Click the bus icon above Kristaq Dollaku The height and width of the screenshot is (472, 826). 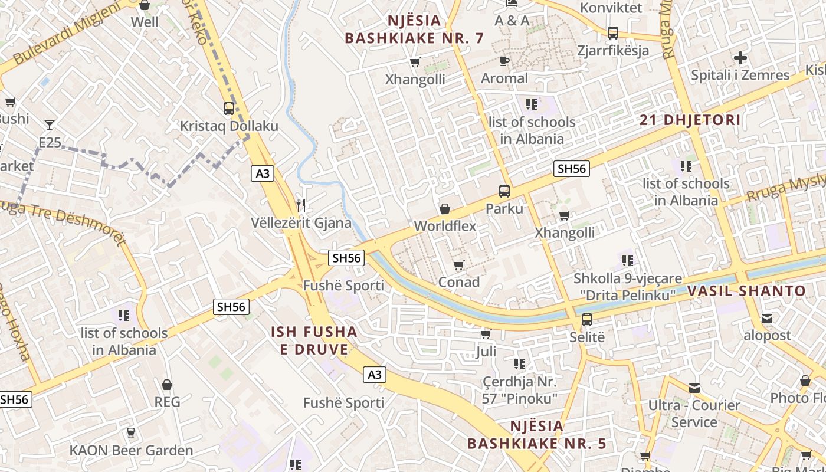click(x=228, y=109)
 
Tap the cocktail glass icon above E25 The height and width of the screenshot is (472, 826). click(x=50, y=124)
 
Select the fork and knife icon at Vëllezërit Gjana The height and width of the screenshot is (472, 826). click(x=301, y=205)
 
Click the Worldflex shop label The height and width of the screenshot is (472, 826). click(x=445, y=226)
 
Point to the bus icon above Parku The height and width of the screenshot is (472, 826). click(x=504, y=191)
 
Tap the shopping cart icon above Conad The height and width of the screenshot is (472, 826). click(x=458, y=265)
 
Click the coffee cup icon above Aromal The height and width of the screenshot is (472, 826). click(x=504, y=61)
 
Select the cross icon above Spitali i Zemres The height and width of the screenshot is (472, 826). click(x=740, y=58)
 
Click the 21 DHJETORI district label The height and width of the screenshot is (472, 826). click(x=690, y=120)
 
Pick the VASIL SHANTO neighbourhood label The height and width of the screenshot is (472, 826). click(x=746, y=291)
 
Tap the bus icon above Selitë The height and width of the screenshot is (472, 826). click(x=586, y=320)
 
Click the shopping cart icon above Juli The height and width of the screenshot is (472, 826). click(x=486, y=335)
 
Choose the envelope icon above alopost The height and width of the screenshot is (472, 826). click(x=766, y=319)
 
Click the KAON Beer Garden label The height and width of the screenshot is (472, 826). click(x=131, y=451)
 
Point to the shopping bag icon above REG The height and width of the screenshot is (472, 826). click(x=167, y=385)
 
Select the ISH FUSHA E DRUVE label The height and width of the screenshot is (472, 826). click(x=314, y=340)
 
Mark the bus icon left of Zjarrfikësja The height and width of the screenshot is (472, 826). click(x=613, y=33)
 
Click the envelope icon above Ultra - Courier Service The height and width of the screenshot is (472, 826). click(x=694, y=388)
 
